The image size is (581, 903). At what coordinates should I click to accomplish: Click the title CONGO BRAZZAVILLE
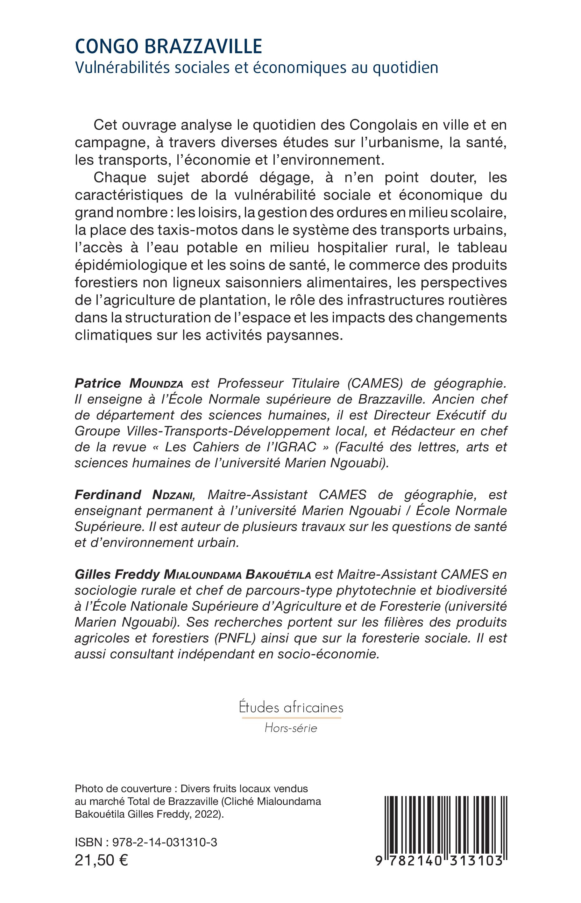coord(169,47)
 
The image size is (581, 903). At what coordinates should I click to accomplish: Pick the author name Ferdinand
coord(108,495)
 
